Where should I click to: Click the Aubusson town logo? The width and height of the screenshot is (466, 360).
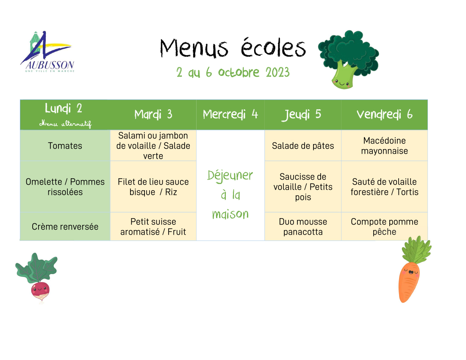(x=47, y=52)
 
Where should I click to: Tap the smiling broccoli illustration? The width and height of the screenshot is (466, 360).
(x=348, y=59)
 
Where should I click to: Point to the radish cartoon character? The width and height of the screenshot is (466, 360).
(x=37, y=277)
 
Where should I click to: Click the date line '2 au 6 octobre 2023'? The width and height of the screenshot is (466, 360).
(x=233, y=72)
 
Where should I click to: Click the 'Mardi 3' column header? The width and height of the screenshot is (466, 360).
(x=153, y=114)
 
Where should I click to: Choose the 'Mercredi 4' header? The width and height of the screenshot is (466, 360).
(x=230, y=114)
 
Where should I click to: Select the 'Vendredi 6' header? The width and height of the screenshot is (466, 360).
(x=384, y=114)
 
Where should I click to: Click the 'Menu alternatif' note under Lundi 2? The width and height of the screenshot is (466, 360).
(x=65, y=124)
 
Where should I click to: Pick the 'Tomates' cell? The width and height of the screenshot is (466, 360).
(x=65, y=146)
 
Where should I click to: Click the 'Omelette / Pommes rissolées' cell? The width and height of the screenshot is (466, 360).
(x=65, y=187)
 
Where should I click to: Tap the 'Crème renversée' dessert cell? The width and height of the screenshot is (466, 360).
(x=65, y=227)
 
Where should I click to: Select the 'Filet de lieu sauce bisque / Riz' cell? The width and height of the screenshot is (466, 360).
(x=153, y=187)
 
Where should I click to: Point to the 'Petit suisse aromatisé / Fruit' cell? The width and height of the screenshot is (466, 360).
(x=153, y=227)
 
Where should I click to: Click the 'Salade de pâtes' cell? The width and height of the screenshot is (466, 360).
(x=303, y=146)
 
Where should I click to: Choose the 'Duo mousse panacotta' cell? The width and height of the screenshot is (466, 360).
(x=303, y=227)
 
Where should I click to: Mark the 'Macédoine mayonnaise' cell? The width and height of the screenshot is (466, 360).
(x=384, y=146)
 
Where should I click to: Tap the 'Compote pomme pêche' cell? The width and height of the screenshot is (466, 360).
(x=384, y=227)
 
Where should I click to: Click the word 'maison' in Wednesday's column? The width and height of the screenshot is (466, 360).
(x=230, y=214)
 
